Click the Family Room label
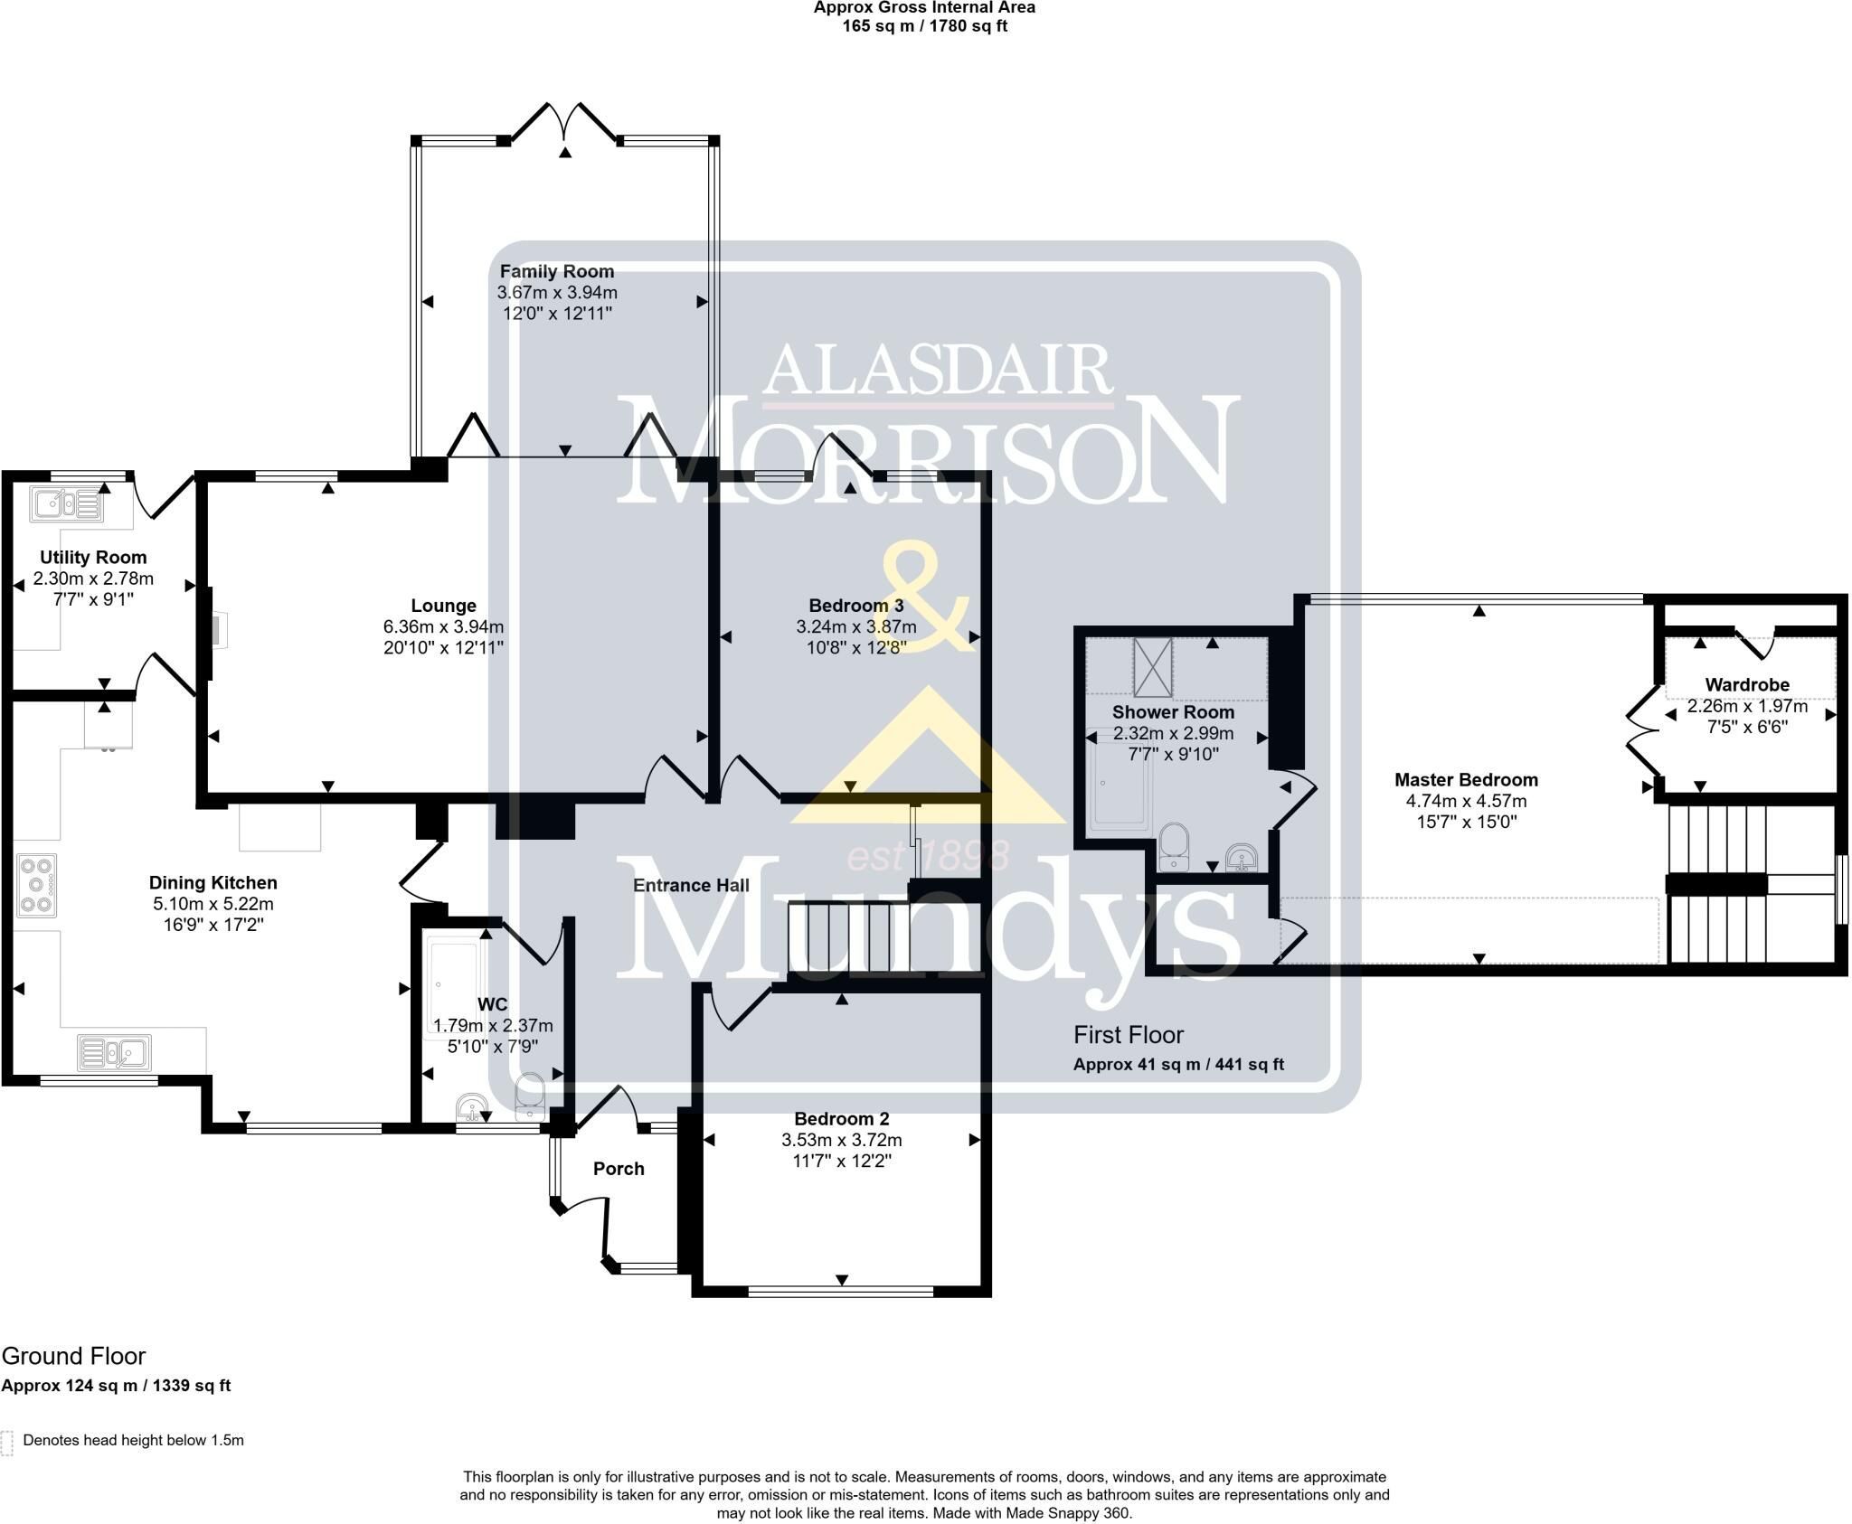[557, 271]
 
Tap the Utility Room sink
[66, 503]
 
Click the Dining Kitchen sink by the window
[114, 1052]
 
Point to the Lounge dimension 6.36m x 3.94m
[443, 626]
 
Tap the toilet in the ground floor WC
[529, 1096]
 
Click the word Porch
[619, 1169]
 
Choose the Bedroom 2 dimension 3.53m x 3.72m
[842, 1140]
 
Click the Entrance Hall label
[691, 885]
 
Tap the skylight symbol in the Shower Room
[1153, 667]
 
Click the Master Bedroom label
[1466, 780]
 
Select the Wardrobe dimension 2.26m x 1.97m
[1747, 706]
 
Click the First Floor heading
[1129, 1035]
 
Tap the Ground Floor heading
[73, 1356]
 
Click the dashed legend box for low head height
[6, 1444]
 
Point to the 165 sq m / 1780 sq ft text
[924, 26]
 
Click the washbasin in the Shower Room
[1243, 856]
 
